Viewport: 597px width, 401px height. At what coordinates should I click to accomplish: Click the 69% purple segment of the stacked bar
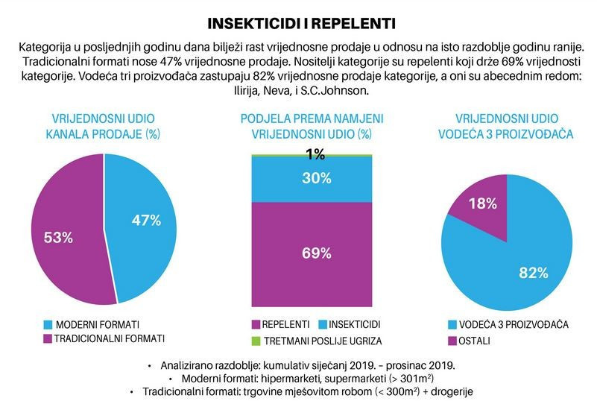coord(312,253)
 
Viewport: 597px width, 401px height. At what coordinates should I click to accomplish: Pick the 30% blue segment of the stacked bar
coord(312,178)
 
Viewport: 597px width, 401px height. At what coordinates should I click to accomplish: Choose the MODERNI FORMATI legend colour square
coord(48,325)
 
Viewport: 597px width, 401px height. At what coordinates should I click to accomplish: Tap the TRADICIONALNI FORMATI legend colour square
coord(48,338)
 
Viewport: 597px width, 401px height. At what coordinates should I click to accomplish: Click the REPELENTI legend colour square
coord(256,325)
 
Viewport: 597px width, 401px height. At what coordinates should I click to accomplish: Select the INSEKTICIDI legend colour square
coord(323,325)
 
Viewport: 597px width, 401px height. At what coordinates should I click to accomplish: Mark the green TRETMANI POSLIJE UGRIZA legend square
coord(256,341)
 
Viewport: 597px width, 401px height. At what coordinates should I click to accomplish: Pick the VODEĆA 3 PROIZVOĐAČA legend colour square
coord(452,325)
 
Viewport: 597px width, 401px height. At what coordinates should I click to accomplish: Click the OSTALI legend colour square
coord(452,341)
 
